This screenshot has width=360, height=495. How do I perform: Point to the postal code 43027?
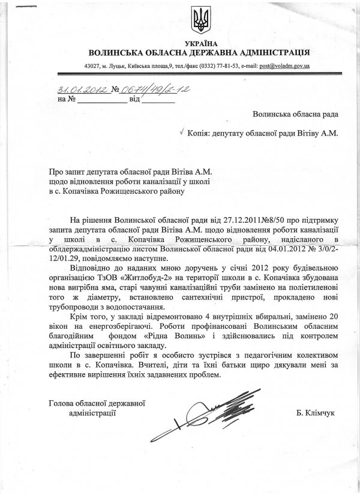[x=93, y=65]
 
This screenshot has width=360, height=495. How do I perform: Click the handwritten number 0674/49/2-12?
[x=146, y=89]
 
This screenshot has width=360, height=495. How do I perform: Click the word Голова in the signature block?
[x=62, y=403]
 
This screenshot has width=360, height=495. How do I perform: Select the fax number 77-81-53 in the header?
[x=215, y=65]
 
